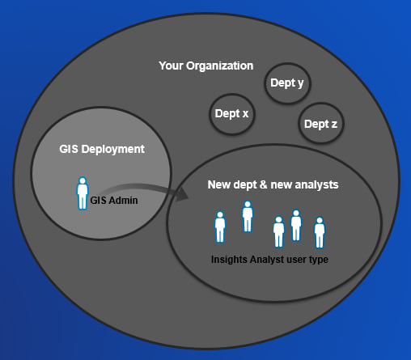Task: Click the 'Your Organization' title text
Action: click(206, 66)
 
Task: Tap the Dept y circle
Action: click(287, 83)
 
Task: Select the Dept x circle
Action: click(232, 114)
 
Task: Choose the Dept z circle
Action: click(321, 123)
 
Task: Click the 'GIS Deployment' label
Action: click(102, 149)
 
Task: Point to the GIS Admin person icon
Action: click(83, 193)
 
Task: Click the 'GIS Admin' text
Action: click(114, 201)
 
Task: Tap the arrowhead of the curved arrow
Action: click(182, 194)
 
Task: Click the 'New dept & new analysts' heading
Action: click(273, 184)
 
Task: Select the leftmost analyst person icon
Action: click(220, 227)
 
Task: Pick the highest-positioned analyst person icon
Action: click(248, 217)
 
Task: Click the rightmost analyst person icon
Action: click(320, 232)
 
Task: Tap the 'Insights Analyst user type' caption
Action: click(269, 260)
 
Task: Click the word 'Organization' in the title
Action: click(219, 66)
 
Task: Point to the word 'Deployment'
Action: click(113, 150)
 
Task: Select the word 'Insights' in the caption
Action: click(229, 260)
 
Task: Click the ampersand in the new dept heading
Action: click(263, 184)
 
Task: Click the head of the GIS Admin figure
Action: click(83, 180)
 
